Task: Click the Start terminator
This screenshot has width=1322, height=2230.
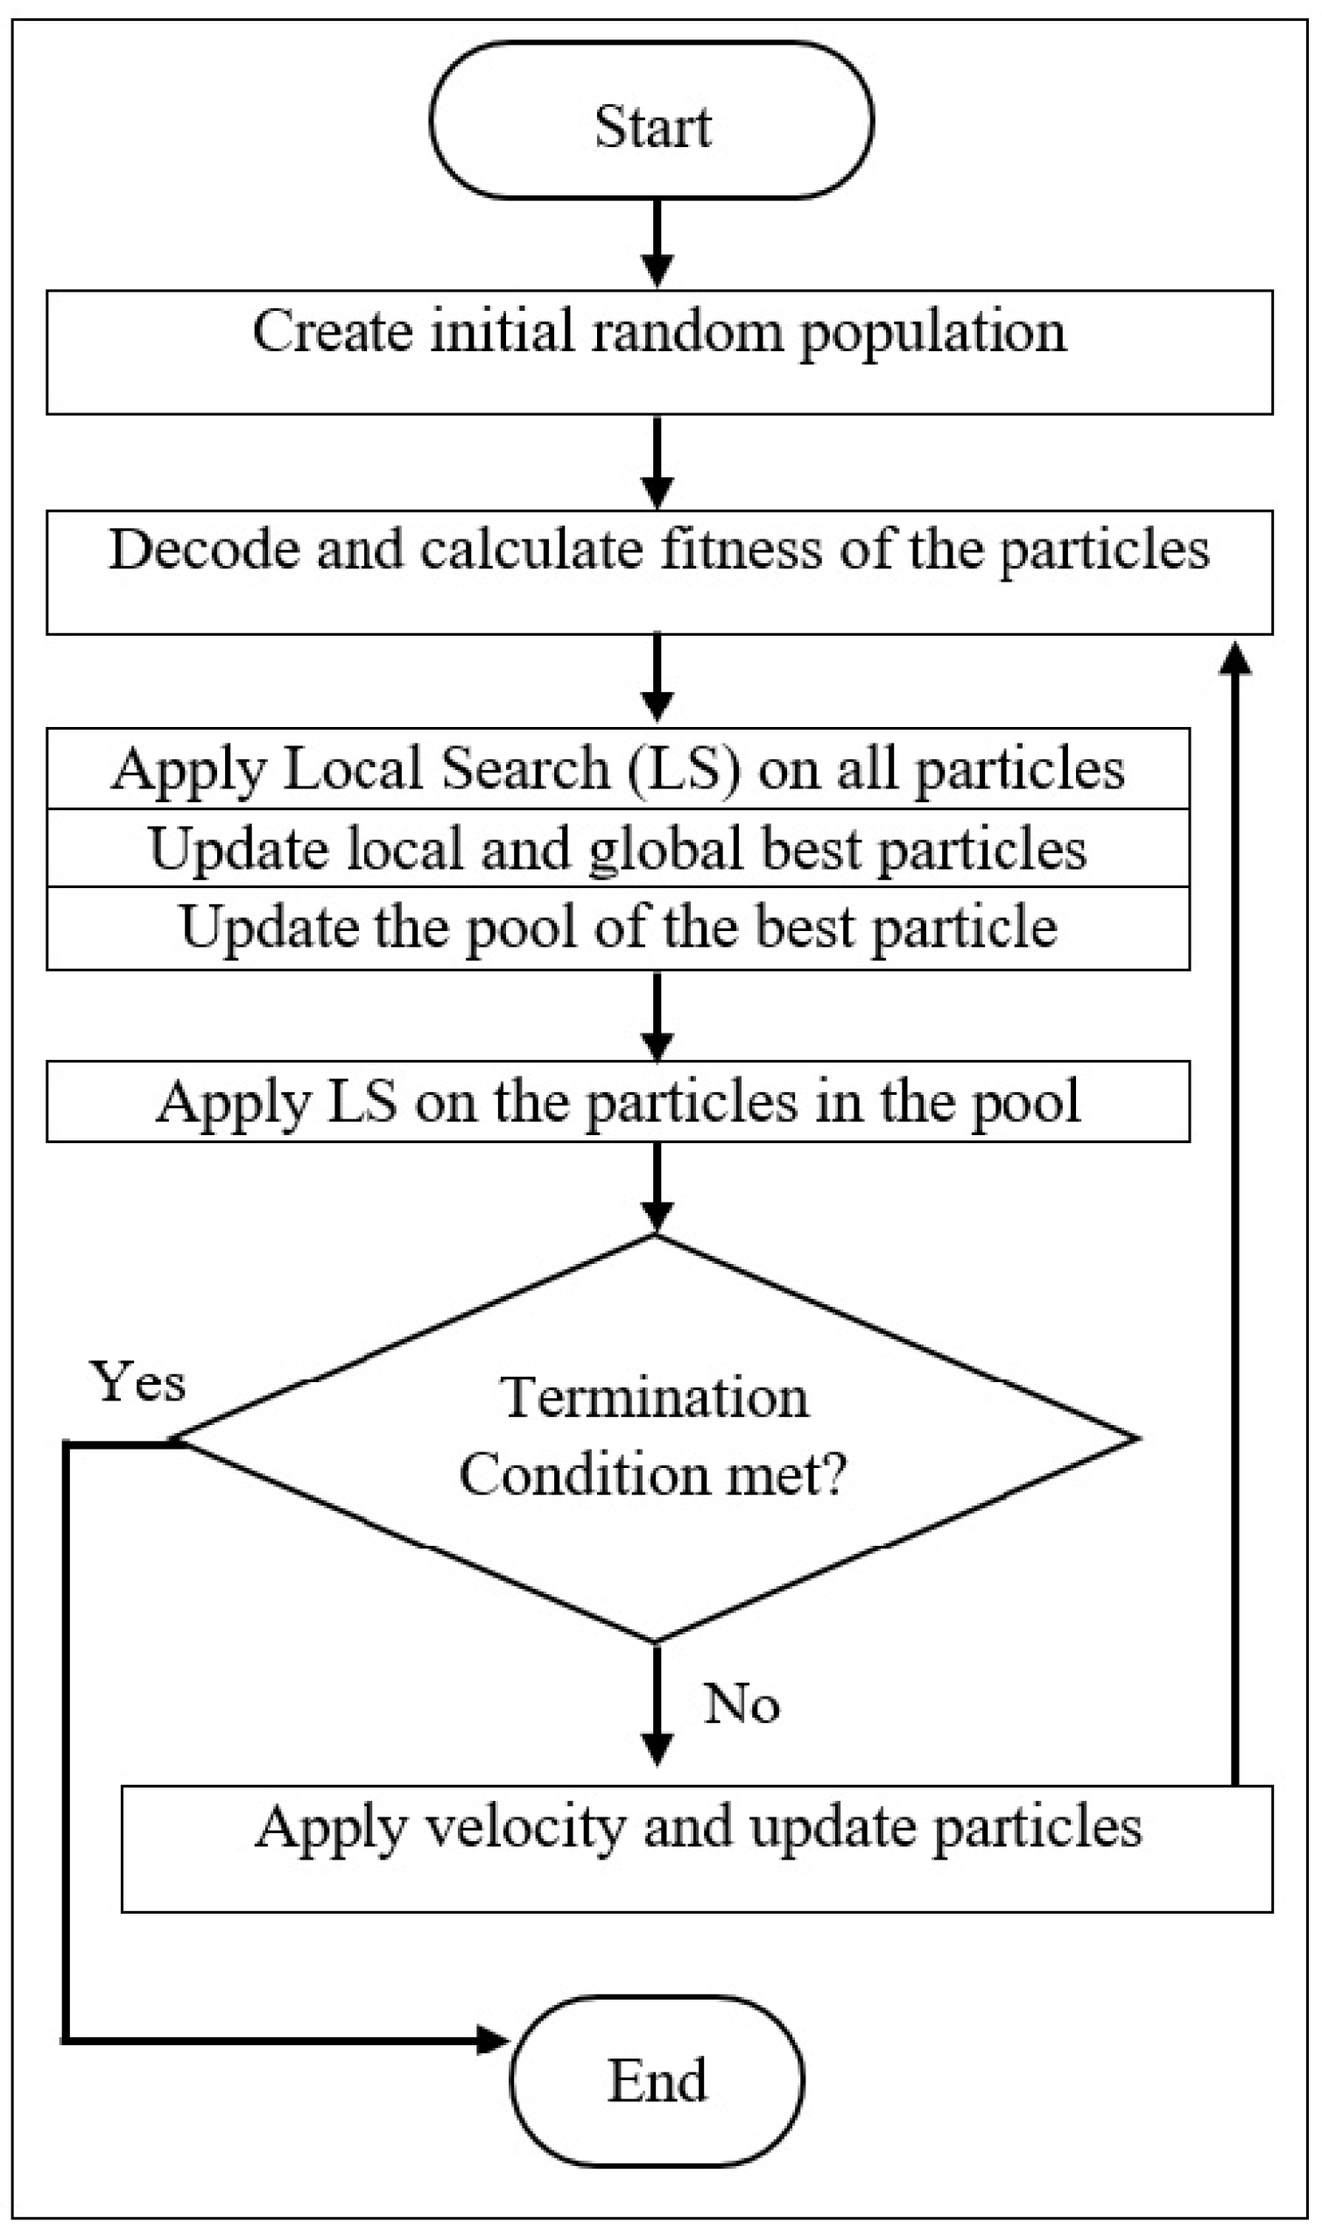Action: tap(651, 121)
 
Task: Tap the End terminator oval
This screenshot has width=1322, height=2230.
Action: tap(657, 2081)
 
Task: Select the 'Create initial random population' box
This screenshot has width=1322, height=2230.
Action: tap(659, 352)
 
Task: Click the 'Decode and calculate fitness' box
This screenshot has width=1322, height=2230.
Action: tap(659, 572)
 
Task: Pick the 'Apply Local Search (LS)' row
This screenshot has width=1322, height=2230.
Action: tap(617, 769)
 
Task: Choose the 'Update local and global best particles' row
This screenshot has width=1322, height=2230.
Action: tap(617, 848)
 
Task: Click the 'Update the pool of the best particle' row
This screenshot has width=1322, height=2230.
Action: tap(617, 928)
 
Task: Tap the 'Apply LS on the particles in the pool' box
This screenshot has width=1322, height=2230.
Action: tap(617, 1101)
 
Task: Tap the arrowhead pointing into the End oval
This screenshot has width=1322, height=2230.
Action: tap(493, 2039)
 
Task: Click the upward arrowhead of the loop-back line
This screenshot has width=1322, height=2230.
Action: tap(1234, 660)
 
